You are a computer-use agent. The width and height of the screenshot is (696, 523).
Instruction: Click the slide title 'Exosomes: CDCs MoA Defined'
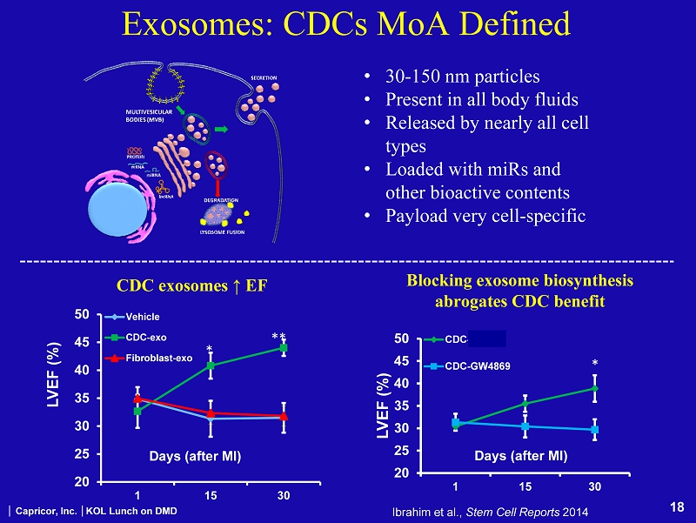point(347,24)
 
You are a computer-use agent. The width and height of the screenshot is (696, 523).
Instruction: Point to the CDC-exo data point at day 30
point(284,348)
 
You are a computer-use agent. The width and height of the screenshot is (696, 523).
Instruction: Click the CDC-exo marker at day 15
point(210,365)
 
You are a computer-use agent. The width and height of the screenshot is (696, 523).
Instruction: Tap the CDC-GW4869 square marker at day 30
point(594,429)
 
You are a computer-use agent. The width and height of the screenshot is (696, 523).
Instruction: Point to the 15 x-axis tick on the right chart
point(525,484)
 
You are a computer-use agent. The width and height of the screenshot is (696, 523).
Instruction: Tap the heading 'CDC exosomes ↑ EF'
point(192,285)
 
